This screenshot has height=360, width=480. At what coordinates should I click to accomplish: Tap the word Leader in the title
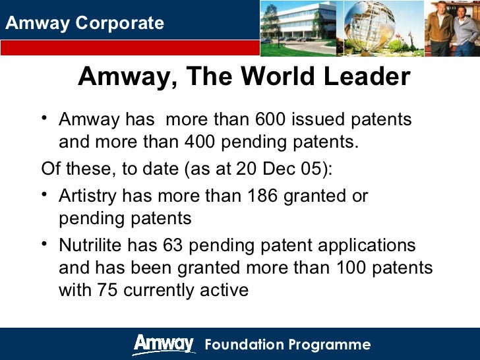(367, 77)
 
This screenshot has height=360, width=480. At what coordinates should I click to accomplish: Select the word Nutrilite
(88, 245)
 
